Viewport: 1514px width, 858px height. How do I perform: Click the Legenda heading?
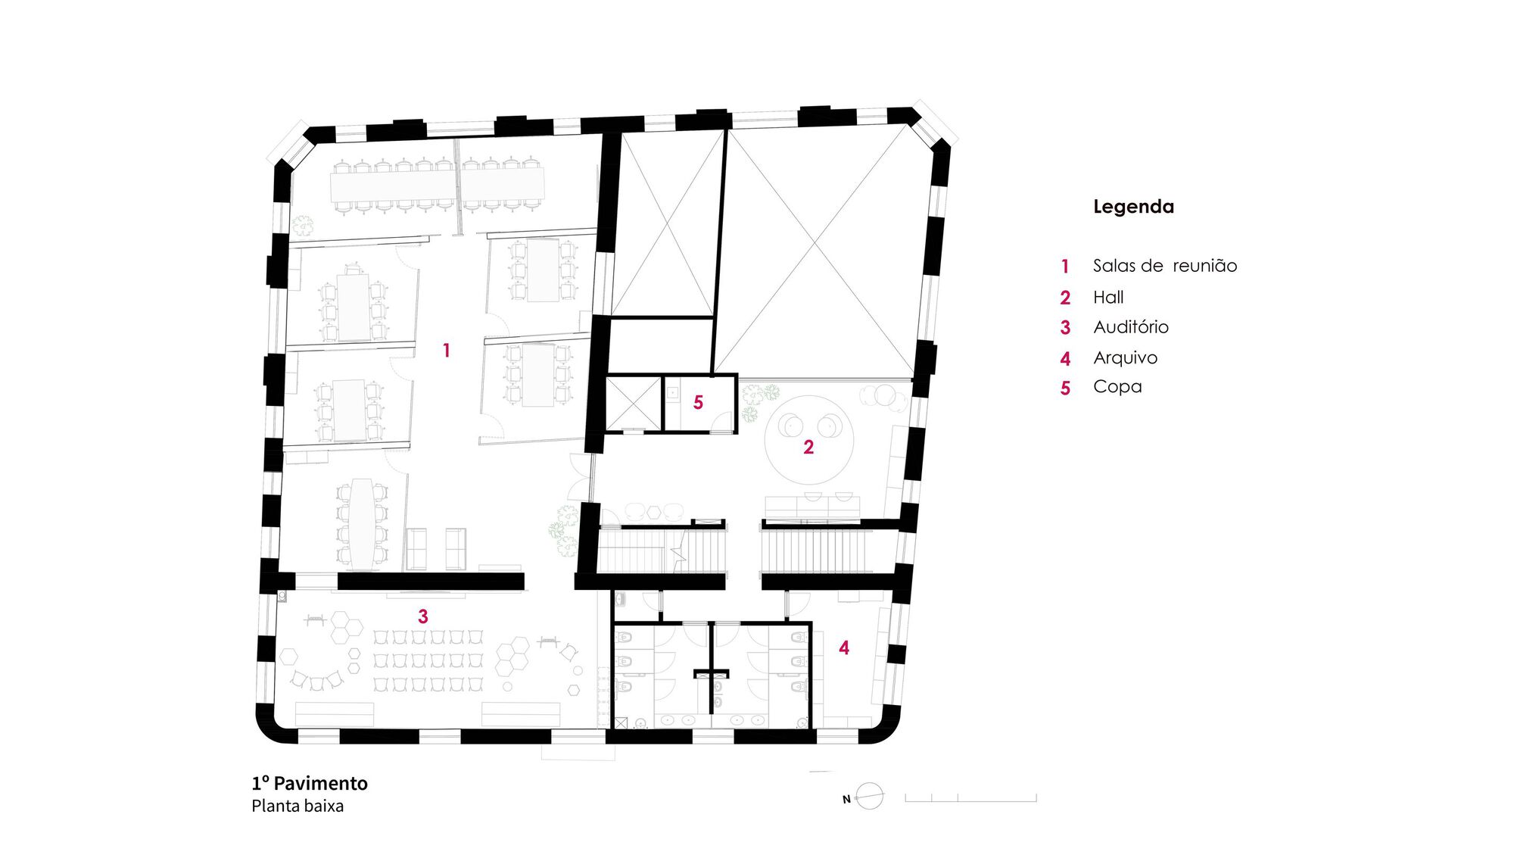tap(1133, 207)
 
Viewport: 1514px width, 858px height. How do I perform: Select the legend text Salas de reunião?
tap(1165, 266)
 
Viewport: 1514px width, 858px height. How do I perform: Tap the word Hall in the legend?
tap(1108, 298)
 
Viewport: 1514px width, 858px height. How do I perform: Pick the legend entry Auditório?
tap(1131, 327)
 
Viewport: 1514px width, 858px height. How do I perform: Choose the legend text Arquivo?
tap(1126, 357)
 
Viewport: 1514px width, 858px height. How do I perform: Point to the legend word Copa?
tap(1117, 387)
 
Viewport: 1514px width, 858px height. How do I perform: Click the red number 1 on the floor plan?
tap(447, 350)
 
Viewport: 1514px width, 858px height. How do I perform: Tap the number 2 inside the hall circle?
tap(808, 448)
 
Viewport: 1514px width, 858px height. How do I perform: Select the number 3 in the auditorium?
tap(423, 616)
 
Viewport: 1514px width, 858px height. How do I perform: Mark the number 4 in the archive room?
tap(844, 647)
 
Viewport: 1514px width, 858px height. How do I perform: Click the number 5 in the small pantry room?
tap(698, 403)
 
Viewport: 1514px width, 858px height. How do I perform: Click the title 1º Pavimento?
tap(310, 783)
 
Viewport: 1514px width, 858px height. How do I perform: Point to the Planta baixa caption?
tap(298, 806)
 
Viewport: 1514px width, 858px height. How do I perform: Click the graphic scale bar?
tap(970, 798)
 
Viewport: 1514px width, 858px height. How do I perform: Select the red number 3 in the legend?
tap(1065, 328)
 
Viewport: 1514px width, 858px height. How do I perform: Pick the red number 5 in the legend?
tap(1065, 388)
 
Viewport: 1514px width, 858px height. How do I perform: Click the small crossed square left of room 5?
tap(634, 403)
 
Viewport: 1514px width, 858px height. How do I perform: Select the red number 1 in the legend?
tap(1065, 267)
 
